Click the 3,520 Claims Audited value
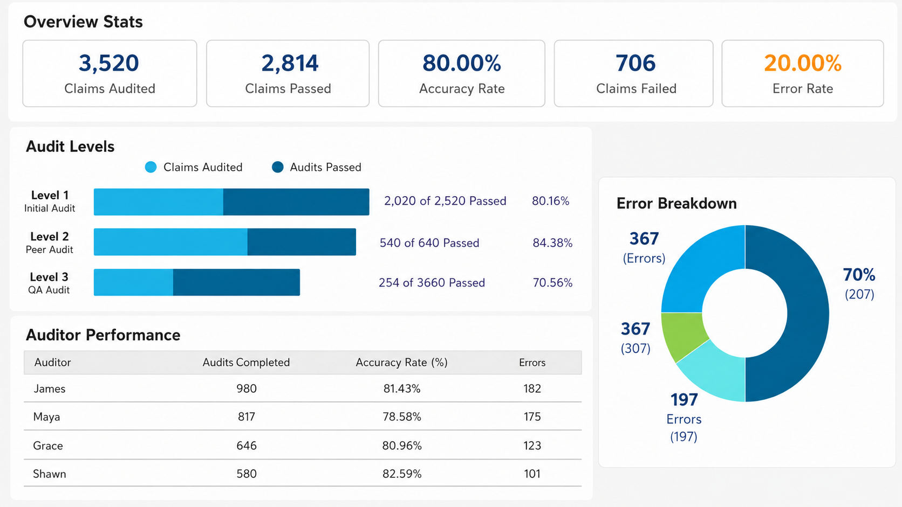pyautogui.click(x=109, y=63)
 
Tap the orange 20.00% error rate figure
pyautogui.click(x=803, y=63)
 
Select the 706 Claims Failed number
pyautogui.click(x=635, y=63)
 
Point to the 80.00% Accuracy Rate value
pyautogui.click(x=461, y=63)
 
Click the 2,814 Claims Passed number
pyautogui.click(x=290, y=63)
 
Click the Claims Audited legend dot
pyautogui.click(x=151, y=167)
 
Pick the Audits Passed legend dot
pyautogui.click(x=277, y=167)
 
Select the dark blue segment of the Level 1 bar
pyautogui.click(x=296, y=202)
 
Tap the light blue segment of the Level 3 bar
pyautogui.click(x=133, y=282)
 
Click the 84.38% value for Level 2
pyautogui.click(x=552, y=243)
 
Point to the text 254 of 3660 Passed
pyautogui.click(x=432, y=283)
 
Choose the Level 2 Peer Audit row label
pyautogui.click(x=49, y=242)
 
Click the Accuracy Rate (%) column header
pyautogui.click(x=401, y=362)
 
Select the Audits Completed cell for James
pyautogui.click(x=247, y=388)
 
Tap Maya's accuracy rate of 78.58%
pyautogui.click(x=402, y=416)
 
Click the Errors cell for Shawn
pyautogui.click(x=532, y=474)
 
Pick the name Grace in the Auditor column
pyautogui.click(x=48, y=446)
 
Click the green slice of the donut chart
pyautogui.click(x=681, y=335)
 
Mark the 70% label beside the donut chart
pyautogui.click(x=859, y=275)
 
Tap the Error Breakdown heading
pyautogui.click(x=676, y=204)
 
